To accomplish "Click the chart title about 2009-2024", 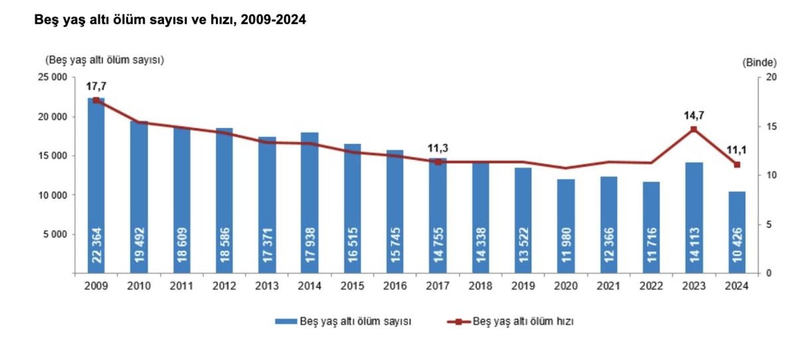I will [x=165, y=21].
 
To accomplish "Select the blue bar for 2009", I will [x=96, y=186].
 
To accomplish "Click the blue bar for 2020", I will [x=566, y=226].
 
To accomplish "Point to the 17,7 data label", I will [x=96, y=86].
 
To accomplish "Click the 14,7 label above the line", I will [x=694, y=116].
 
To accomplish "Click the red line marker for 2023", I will [x=694, y=129].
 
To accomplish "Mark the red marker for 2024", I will [x=737, y=164].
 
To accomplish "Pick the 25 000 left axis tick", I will [x=52, y=78].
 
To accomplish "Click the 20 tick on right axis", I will [x=770, y=78].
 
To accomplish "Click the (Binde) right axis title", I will [x=758, y=62].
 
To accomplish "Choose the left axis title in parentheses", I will [x=104, y=60].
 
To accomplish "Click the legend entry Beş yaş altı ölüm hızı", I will [x=522, y=321].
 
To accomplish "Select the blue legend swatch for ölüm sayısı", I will [x=286, y=321].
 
